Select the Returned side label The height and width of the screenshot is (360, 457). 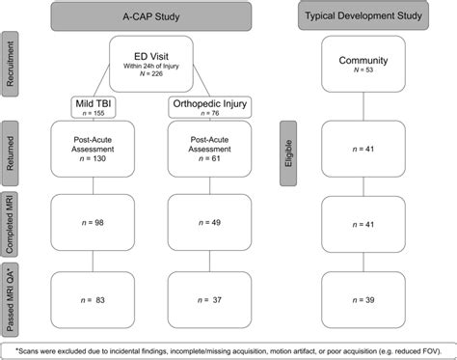click(x=11, y=151)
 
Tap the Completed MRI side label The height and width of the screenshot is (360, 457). click(x=11, y=222)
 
